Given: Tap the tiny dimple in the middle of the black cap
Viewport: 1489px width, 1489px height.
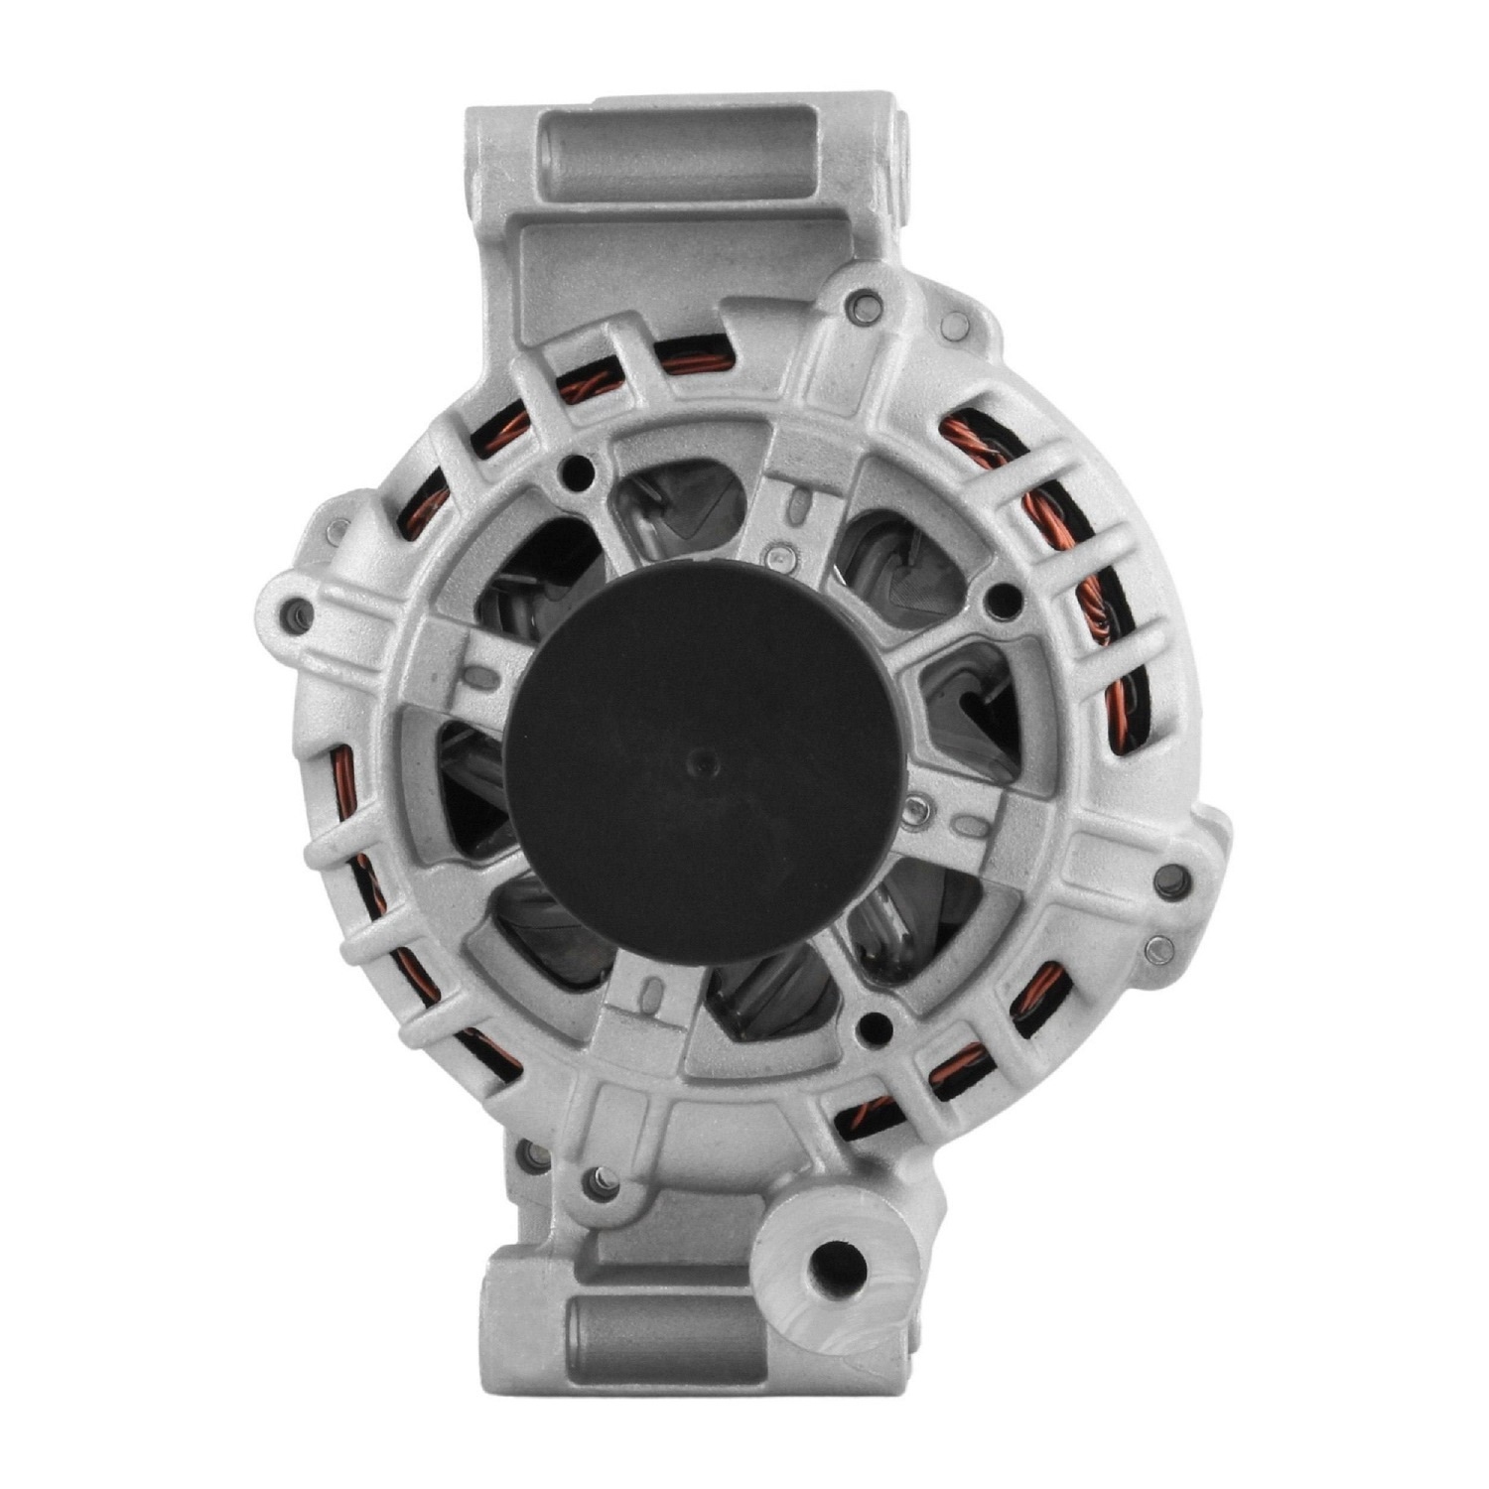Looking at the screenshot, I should pos(706,761).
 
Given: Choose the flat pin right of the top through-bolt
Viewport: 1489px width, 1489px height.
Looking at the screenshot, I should pos(955,320).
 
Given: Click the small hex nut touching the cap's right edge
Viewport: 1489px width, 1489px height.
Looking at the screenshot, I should pos(914,809).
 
